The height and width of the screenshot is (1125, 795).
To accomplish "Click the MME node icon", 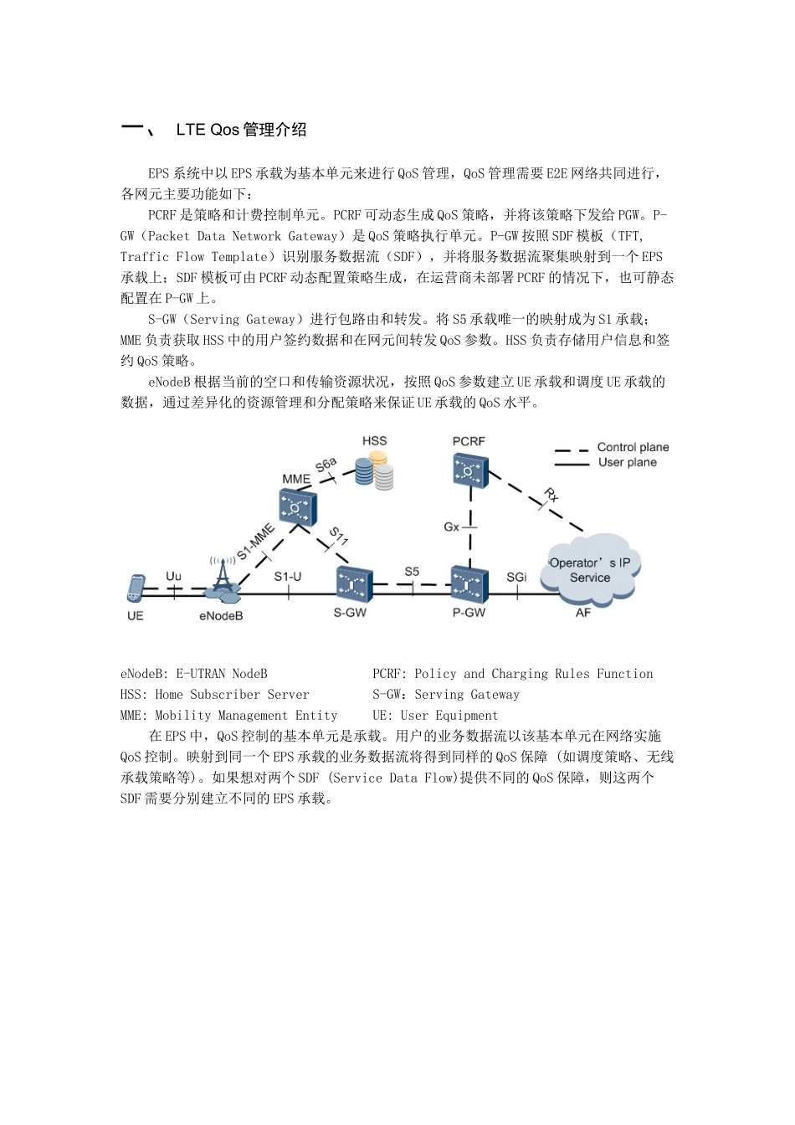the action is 297,506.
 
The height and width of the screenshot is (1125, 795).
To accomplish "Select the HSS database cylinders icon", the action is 374,471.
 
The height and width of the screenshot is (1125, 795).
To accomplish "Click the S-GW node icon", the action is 353,584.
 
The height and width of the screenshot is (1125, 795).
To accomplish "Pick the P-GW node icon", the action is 469,584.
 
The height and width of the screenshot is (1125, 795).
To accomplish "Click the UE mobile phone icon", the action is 136,588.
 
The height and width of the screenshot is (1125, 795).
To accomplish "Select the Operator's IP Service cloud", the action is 591,571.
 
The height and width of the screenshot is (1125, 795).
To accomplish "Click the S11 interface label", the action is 338,536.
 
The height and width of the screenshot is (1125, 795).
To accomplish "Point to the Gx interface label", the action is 452,527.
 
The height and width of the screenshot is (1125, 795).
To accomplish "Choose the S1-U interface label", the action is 288,576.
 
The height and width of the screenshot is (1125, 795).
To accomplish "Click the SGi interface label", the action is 516,577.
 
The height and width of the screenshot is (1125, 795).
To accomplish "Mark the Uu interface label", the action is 173,576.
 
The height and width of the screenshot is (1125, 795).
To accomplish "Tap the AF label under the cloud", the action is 583,613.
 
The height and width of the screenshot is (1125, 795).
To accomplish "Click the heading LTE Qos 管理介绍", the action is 241,130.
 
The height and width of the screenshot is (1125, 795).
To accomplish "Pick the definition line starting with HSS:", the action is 215,695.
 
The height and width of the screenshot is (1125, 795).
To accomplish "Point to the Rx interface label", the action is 551,495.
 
